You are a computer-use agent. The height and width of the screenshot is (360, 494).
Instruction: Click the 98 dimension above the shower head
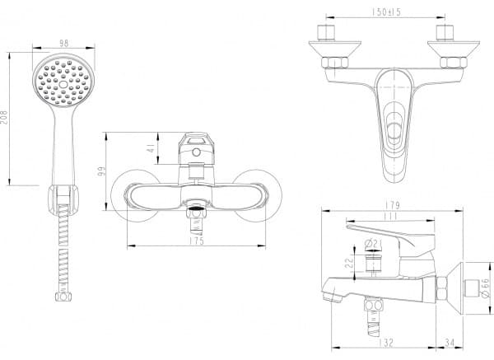coord(64,43)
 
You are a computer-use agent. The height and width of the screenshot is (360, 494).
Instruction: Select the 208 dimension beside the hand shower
coord(5,117)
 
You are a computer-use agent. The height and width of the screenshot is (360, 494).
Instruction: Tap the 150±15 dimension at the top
coord(386,12)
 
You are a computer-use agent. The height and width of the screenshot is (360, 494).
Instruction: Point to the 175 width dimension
coord(197,241)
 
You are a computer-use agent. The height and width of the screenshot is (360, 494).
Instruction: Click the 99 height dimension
coord(101,172)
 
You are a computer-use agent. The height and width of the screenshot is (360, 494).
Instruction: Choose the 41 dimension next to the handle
coord(152,148)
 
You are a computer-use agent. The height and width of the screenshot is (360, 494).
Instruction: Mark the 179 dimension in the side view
coord(392,205)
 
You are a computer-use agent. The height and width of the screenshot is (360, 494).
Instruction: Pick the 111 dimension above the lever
coord(390,217)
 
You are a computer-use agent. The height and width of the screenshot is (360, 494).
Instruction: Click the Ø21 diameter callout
coord(373,243)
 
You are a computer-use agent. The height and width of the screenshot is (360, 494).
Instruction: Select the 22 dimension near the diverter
coord(349,264)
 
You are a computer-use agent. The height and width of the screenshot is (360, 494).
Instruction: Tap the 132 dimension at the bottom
coord(385,343)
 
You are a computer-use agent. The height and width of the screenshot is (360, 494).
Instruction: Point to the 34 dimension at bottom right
coord(450,343)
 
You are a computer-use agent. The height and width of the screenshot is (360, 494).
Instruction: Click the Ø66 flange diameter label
coord(486,288)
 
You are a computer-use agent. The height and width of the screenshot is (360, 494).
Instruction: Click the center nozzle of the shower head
coord(63,84)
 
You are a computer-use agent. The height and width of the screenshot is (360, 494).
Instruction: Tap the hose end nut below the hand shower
coord(63,297)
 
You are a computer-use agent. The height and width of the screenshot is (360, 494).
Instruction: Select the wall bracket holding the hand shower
coord(63,200)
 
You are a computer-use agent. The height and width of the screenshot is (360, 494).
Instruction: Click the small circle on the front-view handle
coord(196,152)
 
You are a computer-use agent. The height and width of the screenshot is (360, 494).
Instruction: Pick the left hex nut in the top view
coord(334,63)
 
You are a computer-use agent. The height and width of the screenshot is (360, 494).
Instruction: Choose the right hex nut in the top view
coord(453,63)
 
